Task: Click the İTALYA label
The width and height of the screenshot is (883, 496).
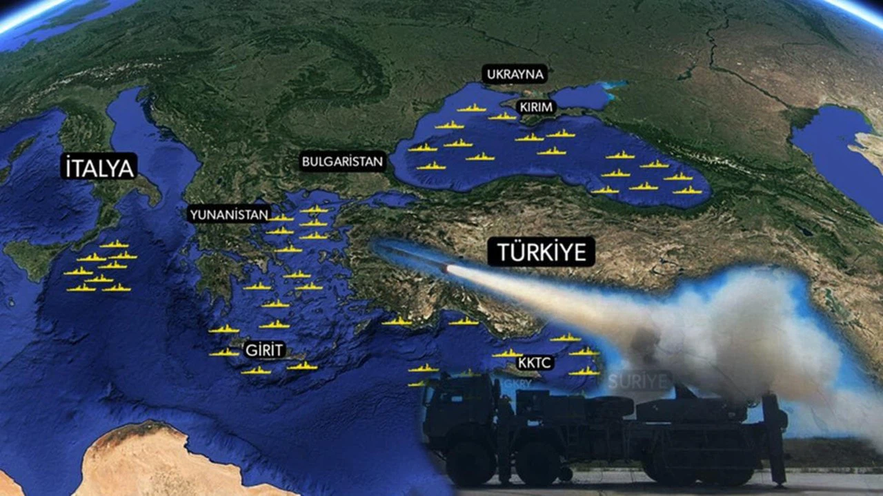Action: click(x=99, y=167)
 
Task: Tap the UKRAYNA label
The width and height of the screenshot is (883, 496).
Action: click(x=515, y=74)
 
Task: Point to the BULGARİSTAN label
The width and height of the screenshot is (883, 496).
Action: click(x=342, y=163)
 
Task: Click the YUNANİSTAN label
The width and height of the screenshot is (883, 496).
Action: click(x=228, y=215)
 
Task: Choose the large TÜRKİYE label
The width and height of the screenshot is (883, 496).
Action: click(x=541, y=252)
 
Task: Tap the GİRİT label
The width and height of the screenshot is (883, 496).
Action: click(x=264, y=350)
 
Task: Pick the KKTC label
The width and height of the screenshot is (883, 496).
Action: click(x=535, y=362)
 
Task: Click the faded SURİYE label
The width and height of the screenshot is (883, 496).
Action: click(x=639, y=381)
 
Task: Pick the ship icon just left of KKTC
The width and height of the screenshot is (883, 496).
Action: click(x=506, y=354)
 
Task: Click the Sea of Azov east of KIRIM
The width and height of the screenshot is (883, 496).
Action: click(x=583, y=96)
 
